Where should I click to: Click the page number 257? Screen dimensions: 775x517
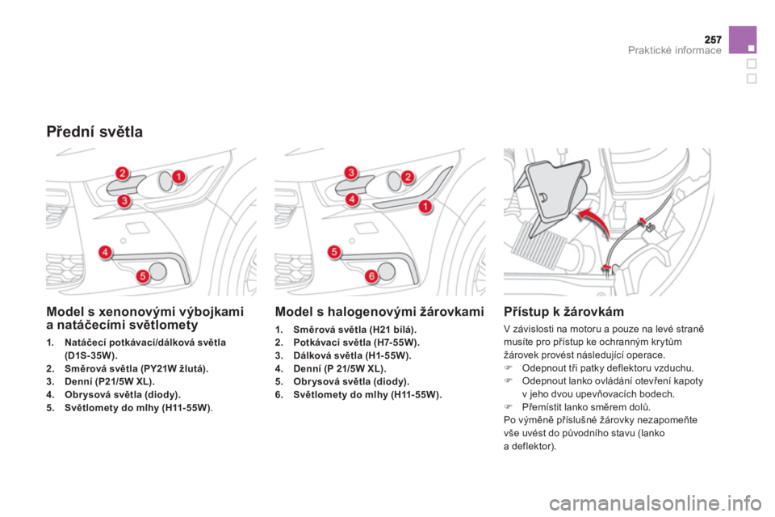point(713,39)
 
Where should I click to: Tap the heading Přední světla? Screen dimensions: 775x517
point(94,132)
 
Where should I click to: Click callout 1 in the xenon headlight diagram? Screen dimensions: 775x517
point(178,176)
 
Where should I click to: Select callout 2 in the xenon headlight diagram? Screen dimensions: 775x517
point(123,174)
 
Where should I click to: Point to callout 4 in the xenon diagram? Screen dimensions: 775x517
point(105,252)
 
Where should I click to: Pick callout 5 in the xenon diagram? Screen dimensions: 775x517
point(142,275)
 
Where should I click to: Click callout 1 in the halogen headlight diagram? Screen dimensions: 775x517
point(425,206)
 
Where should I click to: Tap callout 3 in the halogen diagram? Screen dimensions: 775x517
point(351,173)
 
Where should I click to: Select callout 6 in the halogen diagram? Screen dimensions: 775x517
point(371,275)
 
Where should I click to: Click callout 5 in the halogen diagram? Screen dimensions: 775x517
point(334,252)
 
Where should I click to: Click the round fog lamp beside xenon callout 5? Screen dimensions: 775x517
point(157,271)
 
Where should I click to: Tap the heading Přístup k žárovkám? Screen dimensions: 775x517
point(564,312)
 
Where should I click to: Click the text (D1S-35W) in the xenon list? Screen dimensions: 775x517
point(91,355)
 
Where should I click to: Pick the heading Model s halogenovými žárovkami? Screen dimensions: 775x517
point(379,312)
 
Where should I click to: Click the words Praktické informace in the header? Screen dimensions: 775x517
point(674,50)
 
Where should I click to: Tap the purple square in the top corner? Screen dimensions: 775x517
point(743,40)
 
